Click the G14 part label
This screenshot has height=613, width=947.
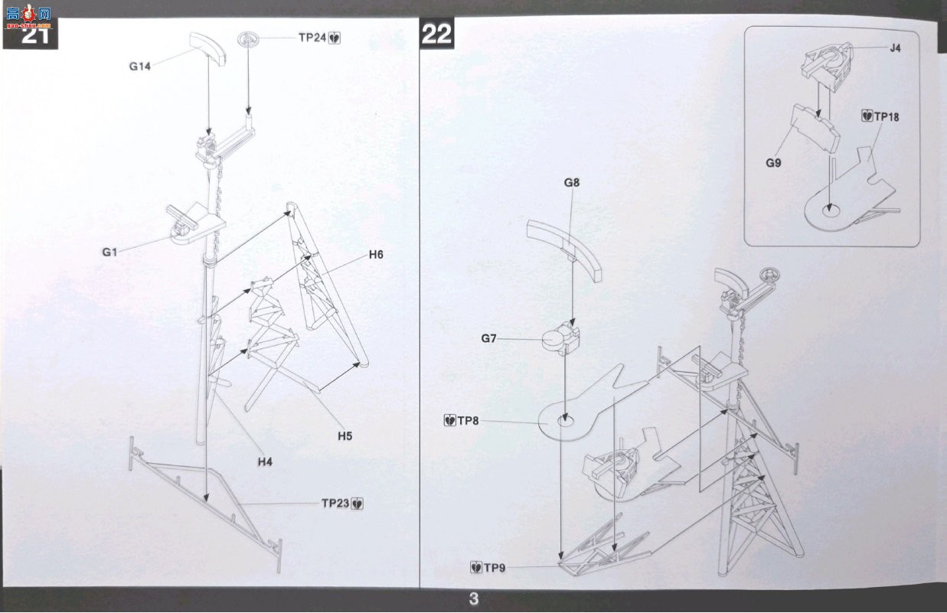(140, 67)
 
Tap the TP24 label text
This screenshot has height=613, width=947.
(312, 37)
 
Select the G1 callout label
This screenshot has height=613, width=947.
(109, 252)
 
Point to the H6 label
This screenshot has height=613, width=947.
(376, 255)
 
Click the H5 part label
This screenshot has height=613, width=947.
(345, 436)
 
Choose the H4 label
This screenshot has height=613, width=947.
(265, 462)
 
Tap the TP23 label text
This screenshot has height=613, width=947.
(335, 503)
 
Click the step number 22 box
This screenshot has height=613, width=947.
(436, 34)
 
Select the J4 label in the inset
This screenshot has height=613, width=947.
(895, 48)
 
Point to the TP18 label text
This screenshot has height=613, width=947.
(887, 116)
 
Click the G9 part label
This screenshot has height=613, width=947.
(773, 163)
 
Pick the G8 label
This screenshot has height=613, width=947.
(572, 183)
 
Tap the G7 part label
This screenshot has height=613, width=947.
(488, 338)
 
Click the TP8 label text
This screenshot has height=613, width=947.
(468, 421)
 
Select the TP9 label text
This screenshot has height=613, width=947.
(495, 568)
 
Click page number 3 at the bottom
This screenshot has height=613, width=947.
(473, 599)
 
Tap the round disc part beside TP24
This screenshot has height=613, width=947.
(248, 39)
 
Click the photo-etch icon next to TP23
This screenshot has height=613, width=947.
(358, 504)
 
